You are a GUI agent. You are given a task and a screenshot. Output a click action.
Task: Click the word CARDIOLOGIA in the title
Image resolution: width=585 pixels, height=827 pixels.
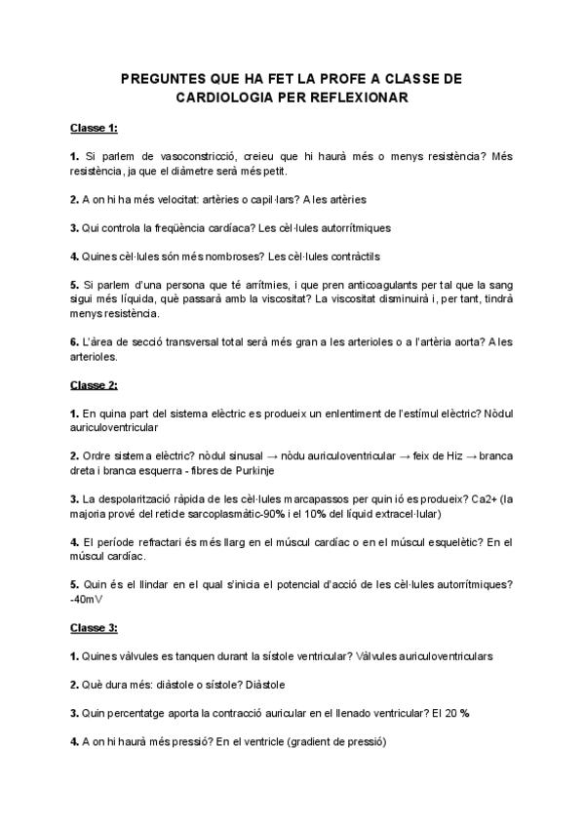coord(219,98)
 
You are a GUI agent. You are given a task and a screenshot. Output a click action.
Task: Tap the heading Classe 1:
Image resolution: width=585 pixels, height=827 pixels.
coord(94,127)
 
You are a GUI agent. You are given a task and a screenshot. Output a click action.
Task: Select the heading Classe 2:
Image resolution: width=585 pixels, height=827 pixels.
coord(94,385)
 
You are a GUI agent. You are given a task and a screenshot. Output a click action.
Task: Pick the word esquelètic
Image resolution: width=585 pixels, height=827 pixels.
coord(436,541)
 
